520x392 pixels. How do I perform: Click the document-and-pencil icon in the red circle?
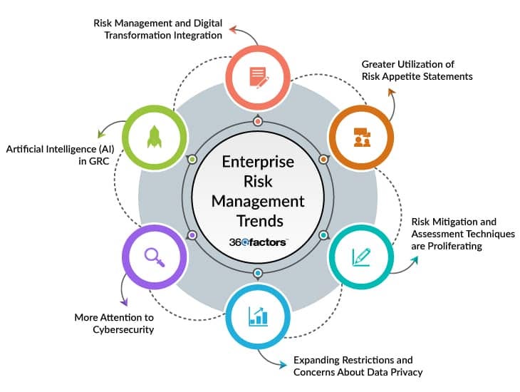[x=258, y=76]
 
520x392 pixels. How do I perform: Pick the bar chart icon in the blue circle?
[x=258, y=316]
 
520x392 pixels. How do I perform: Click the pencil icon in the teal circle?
[x=361, y=256]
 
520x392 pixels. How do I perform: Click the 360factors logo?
[x=258, y=242]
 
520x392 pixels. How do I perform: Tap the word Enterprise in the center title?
[x=258, y=162]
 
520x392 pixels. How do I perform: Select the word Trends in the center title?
[x=258, y=220]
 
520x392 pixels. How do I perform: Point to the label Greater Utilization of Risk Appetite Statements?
[x=416, y=70]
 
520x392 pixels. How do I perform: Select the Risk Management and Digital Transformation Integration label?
[x=157, y=28]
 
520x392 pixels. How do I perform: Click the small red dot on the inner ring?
[x=258, y=122]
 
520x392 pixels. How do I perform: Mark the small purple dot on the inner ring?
[x=192, y=234]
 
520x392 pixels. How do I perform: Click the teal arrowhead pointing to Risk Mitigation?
[x=415, y=259]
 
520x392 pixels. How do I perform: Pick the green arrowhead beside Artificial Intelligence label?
[x=98, y=132]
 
